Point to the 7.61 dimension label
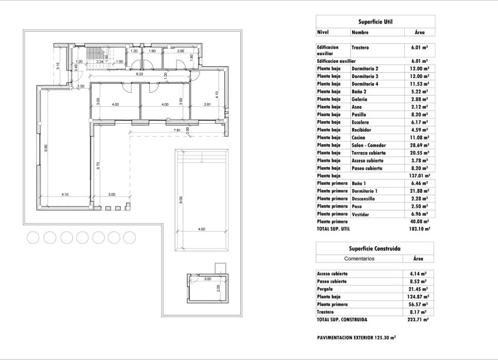(x=176, y=130)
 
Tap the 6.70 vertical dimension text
(x=98, y=165)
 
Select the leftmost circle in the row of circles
(x=33, y=237)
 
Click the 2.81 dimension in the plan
(x=207, y=104)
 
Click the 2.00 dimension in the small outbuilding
(x=217, y=287)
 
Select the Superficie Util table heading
(x=375, y=22)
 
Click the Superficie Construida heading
(x=375, y=249)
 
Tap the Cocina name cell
(x=359, y=137)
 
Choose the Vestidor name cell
(x=361, y=214)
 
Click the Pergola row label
(x=326, y=289)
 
